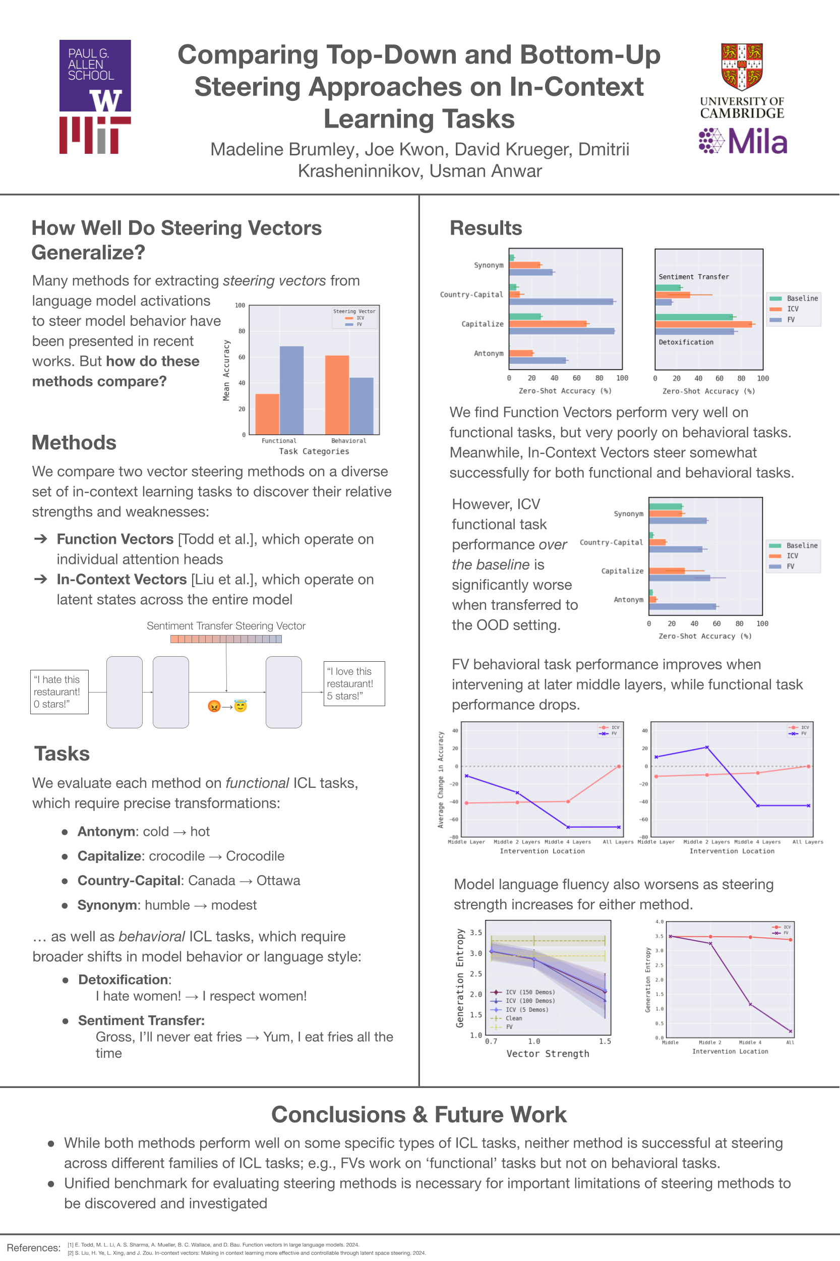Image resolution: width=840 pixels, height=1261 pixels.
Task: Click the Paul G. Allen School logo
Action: click(95, 75)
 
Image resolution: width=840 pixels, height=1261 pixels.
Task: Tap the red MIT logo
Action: click(95, 136)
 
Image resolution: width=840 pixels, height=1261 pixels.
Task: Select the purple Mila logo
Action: click(743, 141)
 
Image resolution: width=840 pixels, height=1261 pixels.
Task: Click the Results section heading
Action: click(486, 228)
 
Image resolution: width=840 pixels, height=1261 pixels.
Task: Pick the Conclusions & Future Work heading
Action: click(419, 1114)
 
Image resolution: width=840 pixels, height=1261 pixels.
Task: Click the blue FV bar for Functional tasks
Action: click(291, 390)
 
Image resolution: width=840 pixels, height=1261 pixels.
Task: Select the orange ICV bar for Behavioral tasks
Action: click(337, 394)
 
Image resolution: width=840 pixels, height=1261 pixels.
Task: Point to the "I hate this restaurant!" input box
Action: click(59, 692)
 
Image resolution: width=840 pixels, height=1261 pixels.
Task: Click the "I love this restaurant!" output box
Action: click(354, 683)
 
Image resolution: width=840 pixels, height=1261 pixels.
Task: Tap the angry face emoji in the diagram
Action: click(214, 706)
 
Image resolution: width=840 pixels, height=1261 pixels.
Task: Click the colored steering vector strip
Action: click(226, 639)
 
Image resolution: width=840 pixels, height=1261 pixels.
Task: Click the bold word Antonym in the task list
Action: click(105, 831)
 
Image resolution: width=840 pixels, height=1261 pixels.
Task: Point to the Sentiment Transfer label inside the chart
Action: click(694, 277)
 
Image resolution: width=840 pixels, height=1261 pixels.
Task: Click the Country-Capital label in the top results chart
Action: click(471, 295)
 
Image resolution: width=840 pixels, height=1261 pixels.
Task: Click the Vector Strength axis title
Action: click(548, 1054)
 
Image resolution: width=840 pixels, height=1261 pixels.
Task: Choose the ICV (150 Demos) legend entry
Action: click(530, 992)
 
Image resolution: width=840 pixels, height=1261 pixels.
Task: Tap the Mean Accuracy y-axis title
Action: click(226, 370)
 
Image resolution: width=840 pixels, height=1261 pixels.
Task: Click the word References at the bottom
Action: click(33, 1247)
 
